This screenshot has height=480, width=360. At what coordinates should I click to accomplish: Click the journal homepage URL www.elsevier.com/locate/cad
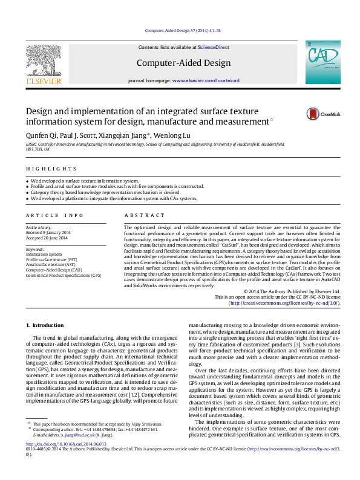[206, 80]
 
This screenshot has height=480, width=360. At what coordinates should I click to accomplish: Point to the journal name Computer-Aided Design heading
[183, 63]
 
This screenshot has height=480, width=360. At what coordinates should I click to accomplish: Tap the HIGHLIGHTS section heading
[43, 169]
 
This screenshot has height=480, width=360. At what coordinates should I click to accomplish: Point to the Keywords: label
[36, 249]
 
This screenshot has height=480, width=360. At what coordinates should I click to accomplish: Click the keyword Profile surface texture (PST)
[51, 259]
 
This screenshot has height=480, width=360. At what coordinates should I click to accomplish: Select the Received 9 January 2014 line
[48, 232]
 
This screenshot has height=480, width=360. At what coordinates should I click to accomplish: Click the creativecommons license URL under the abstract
[284, 302]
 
